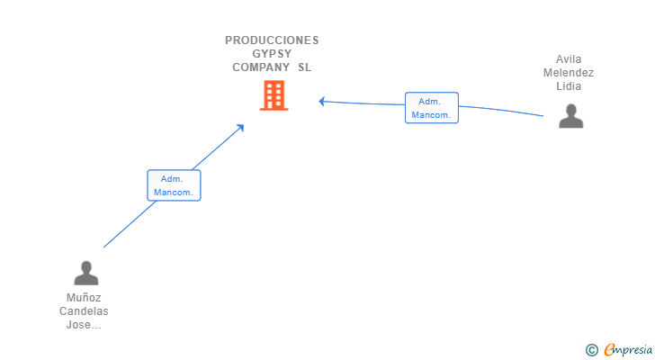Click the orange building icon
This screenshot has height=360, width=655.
[x=274, y=95]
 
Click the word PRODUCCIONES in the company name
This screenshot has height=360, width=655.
[x=272, y=40]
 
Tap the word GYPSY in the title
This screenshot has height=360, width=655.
[x=272, y=53]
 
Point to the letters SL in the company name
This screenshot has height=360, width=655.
[x=305, y=67]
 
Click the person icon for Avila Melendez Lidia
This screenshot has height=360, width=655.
[x=570, y=116]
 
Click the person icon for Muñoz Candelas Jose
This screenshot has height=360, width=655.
[x=86, y=273]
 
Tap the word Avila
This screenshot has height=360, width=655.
[x=569, y=59]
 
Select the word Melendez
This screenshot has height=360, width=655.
[x=569, y=73]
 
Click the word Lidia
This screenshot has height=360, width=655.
[x=569, y=86]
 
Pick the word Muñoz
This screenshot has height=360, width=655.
[x=85, y=298]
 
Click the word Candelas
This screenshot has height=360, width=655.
[x=85, y=311]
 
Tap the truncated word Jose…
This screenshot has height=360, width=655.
[x=85, y=325]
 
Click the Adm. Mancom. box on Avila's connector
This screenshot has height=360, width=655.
[x=432, y=108]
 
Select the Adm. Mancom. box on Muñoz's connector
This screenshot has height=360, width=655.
[x=174, y=185]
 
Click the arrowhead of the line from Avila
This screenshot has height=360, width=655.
[x=322, y=101]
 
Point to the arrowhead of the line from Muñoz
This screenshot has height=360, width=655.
[x=241, y=127]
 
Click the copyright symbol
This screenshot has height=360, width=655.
[x=592, y=349]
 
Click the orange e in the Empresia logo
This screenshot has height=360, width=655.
[x=609, y=349]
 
